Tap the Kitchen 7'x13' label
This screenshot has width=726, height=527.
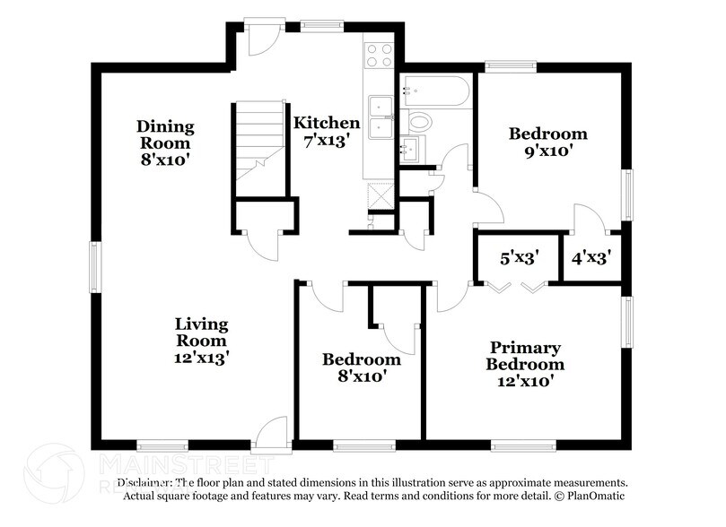point(327,131)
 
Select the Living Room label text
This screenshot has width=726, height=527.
point(201,340)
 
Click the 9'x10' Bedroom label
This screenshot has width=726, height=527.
point(548,143)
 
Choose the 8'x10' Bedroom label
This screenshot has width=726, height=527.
point(362,367)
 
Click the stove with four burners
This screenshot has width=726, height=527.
point(380,56)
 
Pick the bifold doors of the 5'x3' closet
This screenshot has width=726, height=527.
point(518,285)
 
